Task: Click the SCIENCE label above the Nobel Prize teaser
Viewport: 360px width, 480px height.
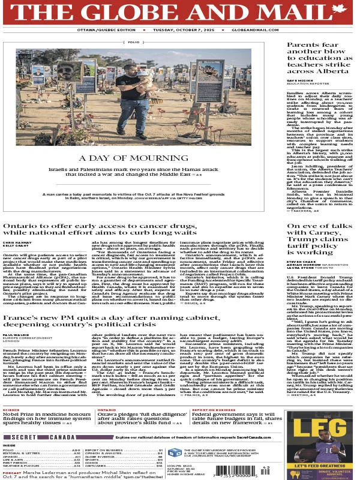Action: coord(11,410)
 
